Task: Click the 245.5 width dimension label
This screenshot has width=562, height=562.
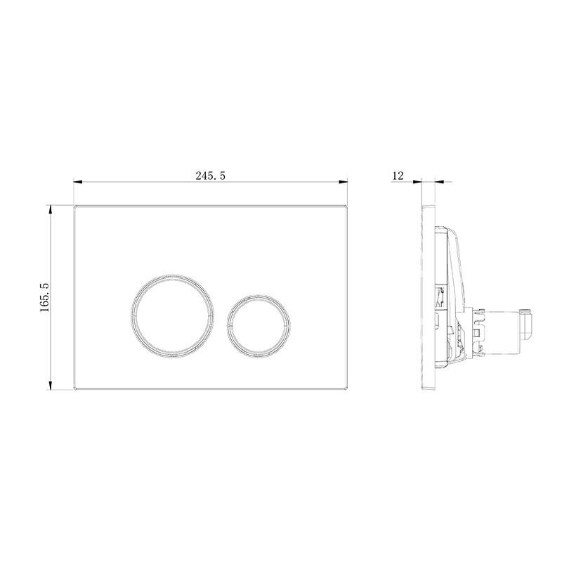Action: [210, 176]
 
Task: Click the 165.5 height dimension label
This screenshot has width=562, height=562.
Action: [45, 297]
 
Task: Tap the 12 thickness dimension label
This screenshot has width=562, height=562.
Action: [398, 176]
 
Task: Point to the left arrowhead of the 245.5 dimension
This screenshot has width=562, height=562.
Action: [78, 182]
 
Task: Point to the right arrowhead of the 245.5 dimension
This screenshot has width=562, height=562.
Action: [344, 182]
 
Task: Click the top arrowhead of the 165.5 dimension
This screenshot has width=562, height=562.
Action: [51, 209]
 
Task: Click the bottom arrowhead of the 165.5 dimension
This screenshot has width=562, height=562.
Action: [51, 386]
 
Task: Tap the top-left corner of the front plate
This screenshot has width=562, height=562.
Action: [74, 206]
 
